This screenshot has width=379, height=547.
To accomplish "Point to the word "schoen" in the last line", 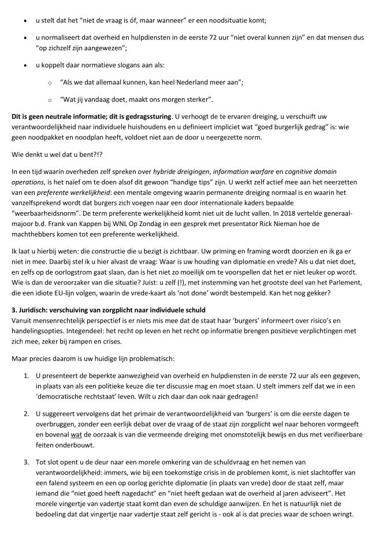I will tap(318, 515).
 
